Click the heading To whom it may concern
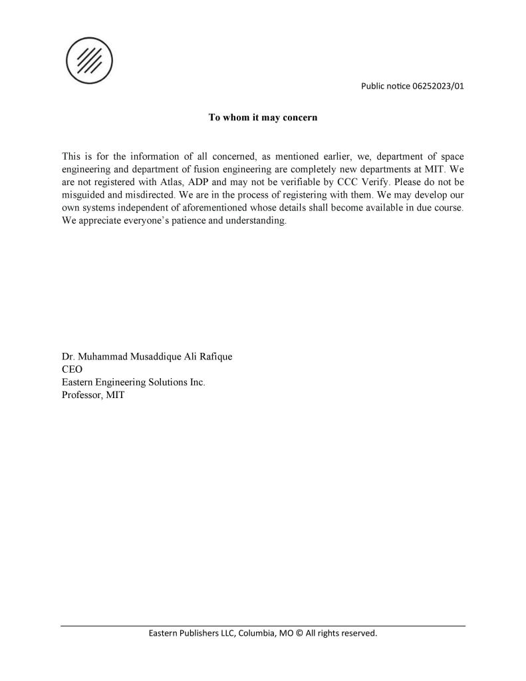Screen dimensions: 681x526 pyautogui.click(x=263, y=118)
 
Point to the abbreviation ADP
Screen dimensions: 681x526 pyautogui.click(x=201, y=182)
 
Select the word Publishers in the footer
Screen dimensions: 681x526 pyautogui.click(x=197, y=633)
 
